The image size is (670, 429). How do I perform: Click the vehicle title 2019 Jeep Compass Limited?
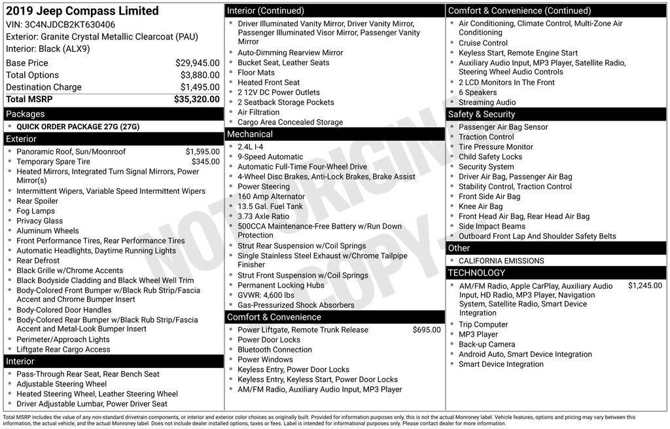[82, 11]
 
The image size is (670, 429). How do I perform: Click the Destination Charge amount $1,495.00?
[200, 87]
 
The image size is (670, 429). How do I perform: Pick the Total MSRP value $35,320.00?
[196, 100]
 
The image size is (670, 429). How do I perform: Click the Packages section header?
[26, 114]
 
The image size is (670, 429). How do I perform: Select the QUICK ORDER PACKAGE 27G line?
[78, 126]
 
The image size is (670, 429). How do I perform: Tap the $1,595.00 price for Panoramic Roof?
[202, 152]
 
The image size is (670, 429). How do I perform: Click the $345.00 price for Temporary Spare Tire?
[205, 162]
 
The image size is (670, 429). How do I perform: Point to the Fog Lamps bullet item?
[36, 211]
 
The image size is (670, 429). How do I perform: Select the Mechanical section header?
[250, 134]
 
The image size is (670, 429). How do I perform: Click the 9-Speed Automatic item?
[270, 157]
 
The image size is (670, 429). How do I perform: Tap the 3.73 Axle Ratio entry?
[263, 216]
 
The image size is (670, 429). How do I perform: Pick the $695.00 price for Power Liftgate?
[426, 330]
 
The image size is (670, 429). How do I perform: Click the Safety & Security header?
[482, 115]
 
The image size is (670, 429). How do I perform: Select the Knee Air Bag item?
[480, 207]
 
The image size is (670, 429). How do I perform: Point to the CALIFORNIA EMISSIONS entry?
[501, 261]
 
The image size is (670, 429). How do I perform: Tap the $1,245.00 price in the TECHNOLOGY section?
[644, 286]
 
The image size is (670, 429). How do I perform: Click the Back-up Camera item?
[486, 345]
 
